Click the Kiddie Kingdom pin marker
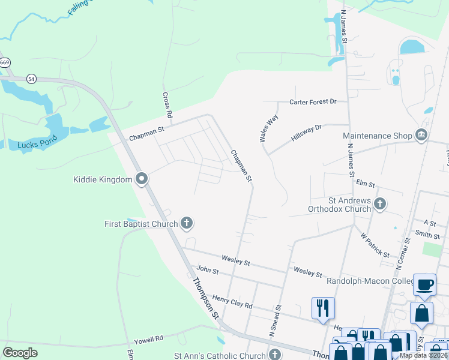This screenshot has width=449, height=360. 142,179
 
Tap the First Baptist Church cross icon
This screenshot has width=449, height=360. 186,224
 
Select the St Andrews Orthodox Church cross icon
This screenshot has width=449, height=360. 379,204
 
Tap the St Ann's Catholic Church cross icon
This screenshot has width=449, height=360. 274,355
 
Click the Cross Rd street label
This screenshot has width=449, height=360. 168,105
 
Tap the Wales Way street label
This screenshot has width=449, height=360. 269,128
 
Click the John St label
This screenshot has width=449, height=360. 207,271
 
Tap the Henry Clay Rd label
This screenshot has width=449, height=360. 232,301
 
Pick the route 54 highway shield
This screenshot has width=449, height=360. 31,79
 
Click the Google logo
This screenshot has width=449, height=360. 20,353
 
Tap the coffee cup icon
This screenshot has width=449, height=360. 425,286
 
